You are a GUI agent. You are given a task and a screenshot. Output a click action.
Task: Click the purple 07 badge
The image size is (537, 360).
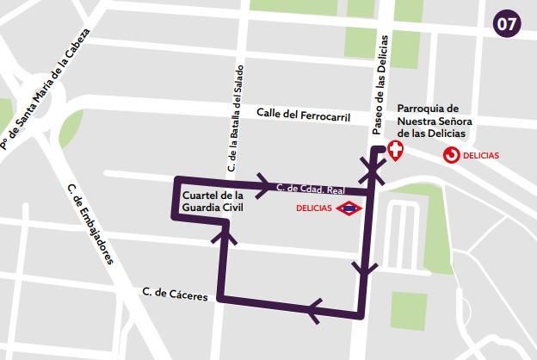point(508,24)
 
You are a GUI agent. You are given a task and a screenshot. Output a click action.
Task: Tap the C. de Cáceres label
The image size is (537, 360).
point(176,295)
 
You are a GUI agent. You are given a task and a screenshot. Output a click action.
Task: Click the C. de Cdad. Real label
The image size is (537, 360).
point(310,188)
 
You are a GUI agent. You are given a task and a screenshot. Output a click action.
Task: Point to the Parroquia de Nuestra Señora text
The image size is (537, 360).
point(430,121)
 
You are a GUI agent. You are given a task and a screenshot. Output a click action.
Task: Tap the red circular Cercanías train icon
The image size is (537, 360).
point(451,155)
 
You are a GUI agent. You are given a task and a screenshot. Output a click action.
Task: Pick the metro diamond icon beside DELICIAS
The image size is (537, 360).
point(350,208)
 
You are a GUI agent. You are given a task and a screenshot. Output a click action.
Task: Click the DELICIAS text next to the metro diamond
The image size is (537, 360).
point(314,208)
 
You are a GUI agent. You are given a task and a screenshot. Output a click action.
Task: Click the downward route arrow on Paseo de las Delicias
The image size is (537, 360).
point(365,270)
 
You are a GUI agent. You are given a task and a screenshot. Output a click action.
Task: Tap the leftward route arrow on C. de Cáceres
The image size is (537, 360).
point(313,309)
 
